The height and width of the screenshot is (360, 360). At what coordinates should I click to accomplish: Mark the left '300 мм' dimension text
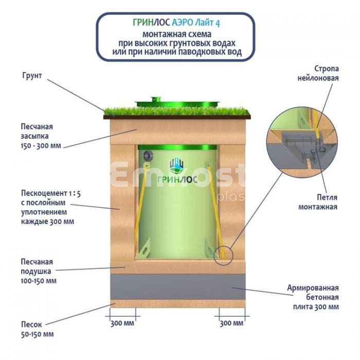click(122, 323)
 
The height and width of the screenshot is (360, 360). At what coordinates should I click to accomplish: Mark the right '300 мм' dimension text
click(231, 323)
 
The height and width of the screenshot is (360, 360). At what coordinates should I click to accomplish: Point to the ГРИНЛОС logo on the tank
click(177, 170)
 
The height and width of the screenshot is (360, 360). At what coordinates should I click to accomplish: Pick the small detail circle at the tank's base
click(225, 254)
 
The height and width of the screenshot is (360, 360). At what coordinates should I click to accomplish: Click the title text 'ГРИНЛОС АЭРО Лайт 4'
click(176, 23)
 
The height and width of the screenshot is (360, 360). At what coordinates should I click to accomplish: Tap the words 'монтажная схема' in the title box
click(176, 34)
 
